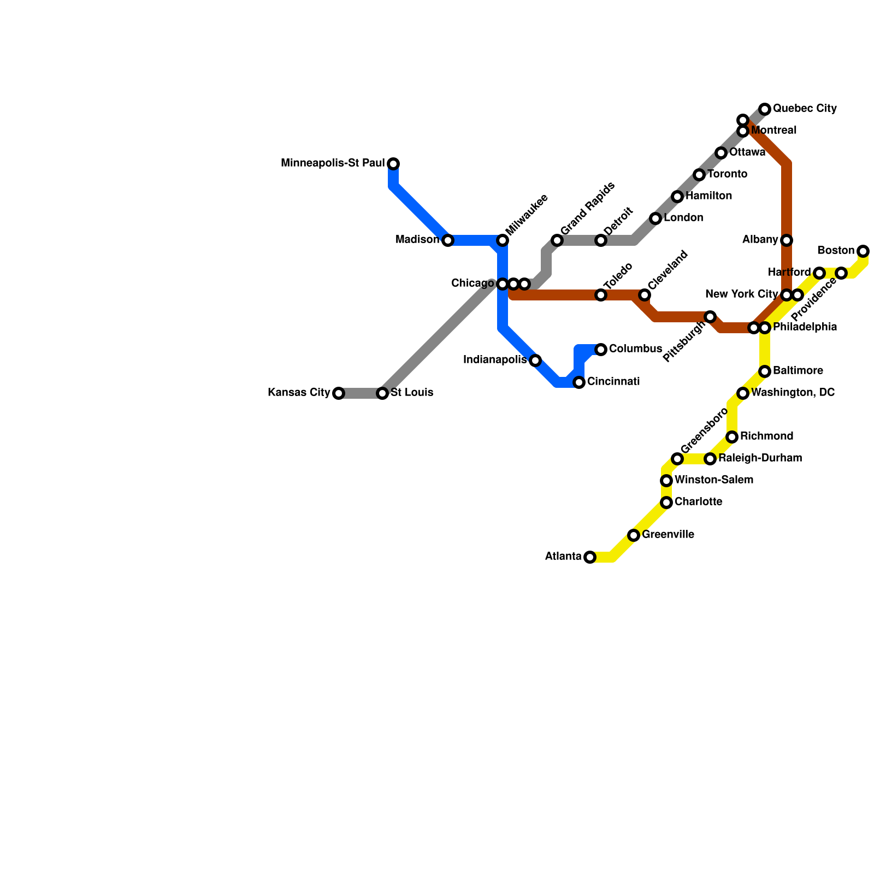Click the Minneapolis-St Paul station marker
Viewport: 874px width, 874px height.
pos(393,164)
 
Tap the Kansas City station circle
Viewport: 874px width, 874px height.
pos(339,393)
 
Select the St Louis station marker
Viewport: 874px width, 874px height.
pos(382,393)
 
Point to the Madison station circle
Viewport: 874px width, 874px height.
pos(448,240)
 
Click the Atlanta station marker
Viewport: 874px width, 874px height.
pos(590,557)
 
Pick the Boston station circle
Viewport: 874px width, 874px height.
pos(863,251)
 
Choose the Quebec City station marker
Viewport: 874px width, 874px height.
pos(765,109)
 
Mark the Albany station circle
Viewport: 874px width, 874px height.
pos(787,240)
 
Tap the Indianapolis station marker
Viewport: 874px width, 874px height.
pos(535,361)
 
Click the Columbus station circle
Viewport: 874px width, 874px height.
pos(601,350)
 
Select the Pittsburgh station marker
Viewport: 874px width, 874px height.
pos(710,317)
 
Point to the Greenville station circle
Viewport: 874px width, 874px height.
pos(634,535)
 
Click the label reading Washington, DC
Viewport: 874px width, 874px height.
pos(793,393)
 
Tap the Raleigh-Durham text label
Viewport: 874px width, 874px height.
pos(760,458)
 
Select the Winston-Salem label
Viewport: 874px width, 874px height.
pos(714,480)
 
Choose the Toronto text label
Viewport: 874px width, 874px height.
pos(727,174)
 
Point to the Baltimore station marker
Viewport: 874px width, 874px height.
pos(765,371)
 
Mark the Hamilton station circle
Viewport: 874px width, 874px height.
pos(677,197)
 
